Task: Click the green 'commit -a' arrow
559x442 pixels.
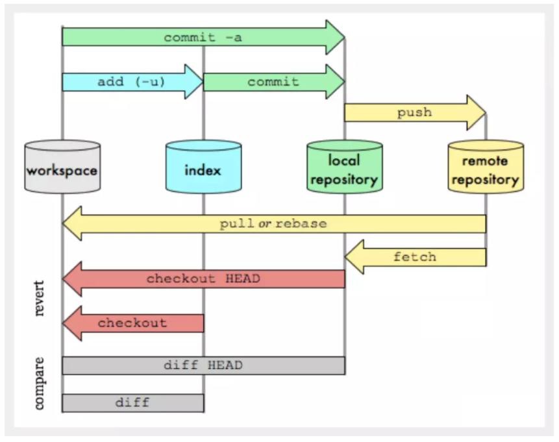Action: (x=203, y=37)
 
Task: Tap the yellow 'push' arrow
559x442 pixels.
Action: (x=414, y=112)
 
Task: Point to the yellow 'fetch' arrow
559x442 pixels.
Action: (x=415, y=257)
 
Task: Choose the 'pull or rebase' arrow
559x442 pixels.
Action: (x=273, y=224)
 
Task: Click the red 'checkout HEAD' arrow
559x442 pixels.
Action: (x=203, y=279)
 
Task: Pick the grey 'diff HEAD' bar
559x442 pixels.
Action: (x=203, y=365)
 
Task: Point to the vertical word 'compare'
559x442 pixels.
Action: (x=40, y=383)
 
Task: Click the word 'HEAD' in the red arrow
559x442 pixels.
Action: (x=243, y=279)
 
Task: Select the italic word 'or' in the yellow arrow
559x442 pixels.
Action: (x=265, y=224)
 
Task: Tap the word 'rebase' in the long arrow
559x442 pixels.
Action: (x=301, y=224)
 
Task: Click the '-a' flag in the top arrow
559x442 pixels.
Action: (x=233, y=37)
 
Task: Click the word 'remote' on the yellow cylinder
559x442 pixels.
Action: (x=486, y=161)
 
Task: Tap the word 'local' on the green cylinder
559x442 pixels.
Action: (x=344, y=160)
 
